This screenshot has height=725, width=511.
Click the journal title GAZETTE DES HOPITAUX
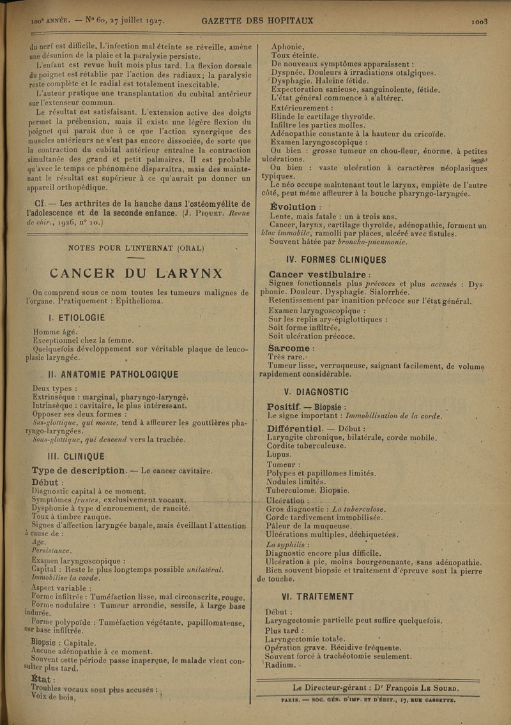[x=257, y=20]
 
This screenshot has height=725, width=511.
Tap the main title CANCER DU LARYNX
[x=136, y=274]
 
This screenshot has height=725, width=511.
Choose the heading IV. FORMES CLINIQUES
[x=328, y=260]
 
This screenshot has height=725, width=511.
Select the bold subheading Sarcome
[x=293, y=348]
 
